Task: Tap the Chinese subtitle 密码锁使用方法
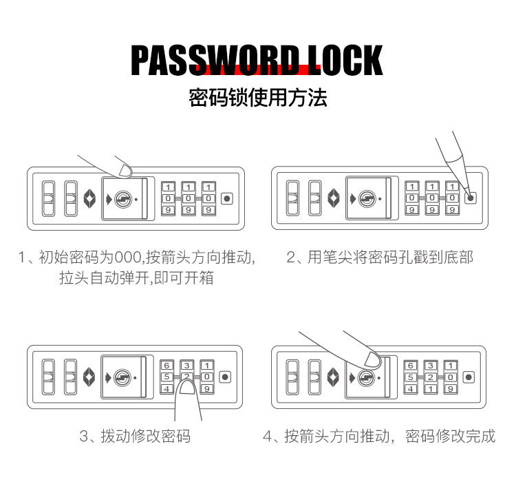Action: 258,98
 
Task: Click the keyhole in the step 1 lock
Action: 122,199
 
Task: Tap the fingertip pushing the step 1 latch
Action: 124,168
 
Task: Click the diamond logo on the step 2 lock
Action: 332,199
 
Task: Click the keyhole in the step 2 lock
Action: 367,199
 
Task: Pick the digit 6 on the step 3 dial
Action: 167,365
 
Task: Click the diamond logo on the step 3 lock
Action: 87,377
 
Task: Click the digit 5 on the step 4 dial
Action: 410,377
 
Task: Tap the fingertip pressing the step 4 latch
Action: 372,358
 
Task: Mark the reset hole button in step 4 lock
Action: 469,377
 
